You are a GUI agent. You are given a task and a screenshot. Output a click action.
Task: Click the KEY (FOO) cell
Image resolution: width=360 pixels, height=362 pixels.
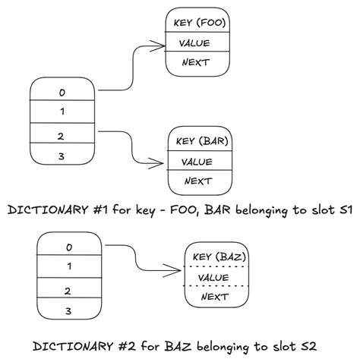pyautogui.click(x=197, y=22)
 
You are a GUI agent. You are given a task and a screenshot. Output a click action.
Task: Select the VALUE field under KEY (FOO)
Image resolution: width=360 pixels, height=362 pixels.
pyautogui.click(x=197, y=42)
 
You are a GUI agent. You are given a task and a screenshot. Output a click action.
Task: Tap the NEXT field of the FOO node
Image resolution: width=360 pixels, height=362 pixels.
pyautogui.click(x=197, y=62)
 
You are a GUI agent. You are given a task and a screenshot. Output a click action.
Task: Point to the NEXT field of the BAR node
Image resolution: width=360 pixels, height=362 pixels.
pyautogui.click(x=200, y=181)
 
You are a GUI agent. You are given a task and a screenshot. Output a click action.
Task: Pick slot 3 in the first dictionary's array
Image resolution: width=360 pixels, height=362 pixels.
pyautogui.click(x=62, y=156)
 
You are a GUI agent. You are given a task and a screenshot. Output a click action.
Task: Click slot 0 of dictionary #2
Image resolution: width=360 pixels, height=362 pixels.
pyautogui.click(x=68, y=247)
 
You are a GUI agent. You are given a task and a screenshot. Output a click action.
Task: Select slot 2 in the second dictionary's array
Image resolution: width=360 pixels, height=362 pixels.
pyautogui.click(x=68, y=290)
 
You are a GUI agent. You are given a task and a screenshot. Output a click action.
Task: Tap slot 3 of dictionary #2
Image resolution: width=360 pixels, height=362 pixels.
pyautogui.click(x=68, y=310)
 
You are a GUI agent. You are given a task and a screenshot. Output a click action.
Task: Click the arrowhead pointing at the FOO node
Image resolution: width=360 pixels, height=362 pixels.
pyautogui.click(x=159, y=46)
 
